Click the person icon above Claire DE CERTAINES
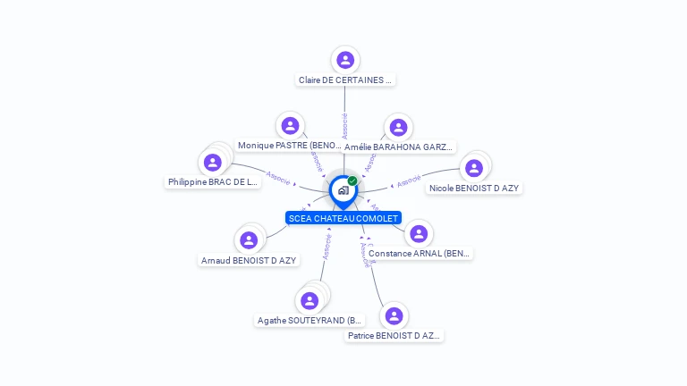click(x=345, y=60)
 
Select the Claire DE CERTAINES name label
click(x=345, y=80)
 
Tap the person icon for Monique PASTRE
click(x=290, y=126)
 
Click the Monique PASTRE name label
click(x=289, y=146)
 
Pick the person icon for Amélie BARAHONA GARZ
click(x=399, y=128)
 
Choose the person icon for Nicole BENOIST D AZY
click(x=474, y=168)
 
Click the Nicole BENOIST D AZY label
click(x=474, y=189)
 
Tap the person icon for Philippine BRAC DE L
click(x=212, y=163)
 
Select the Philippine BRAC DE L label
click(x=213, y=182)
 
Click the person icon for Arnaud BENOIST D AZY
click(x=249, y=240)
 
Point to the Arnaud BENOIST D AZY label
click(x=249, y=261)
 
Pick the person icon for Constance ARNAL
click(x=419, y=234)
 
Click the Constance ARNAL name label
click(x=419, y=254)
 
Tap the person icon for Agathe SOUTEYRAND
click(x=310, y=300)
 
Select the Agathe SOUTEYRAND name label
click(x=310, y=320)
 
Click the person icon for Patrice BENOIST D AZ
click(x=394, y=315)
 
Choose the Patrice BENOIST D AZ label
click(x=394, y=336)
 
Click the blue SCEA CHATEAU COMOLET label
click(x=343, y=218)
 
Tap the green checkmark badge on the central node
click(x=352, y=181)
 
